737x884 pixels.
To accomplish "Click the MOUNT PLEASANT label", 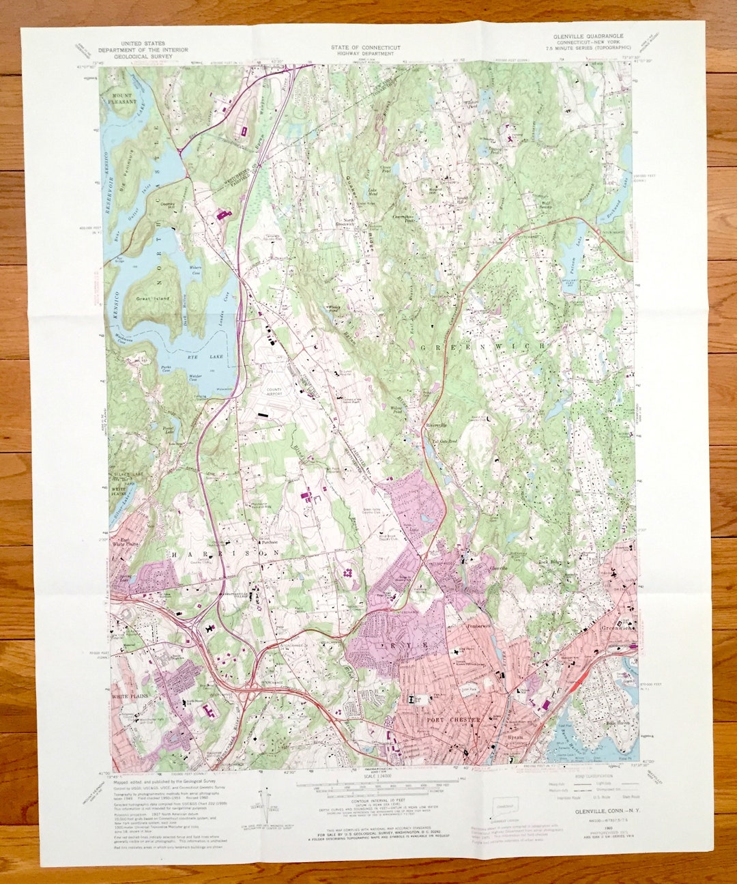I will coord(122,98).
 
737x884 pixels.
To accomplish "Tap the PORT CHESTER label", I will coord(454,719).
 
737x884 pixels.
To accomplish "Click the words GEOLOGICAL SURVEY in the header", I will coord(134,58).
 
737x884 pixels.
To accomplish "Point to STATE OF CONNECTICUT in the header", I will coord(365,48).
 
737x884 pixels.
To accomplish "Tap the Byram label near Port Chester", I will coord(515,737).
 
